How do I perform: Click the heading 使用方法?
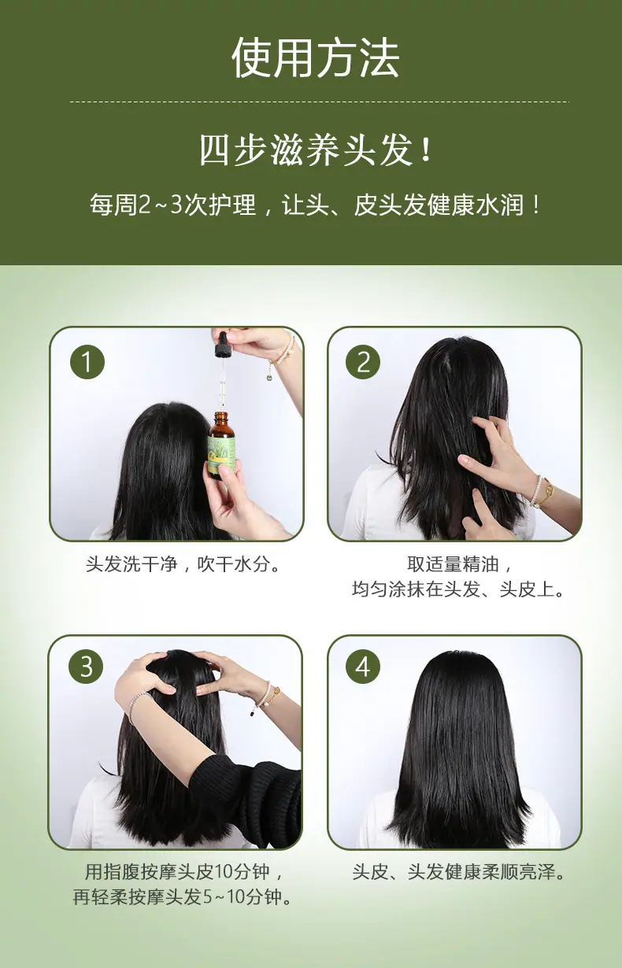(x=315, y=58)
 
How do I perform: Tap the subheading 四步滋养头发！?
(x=315, y=150)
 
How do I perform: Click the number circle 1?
(x=87, y=362)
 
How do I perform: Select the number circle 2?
(x=363, y=362)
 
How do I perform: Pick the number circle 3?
(x=86, y=666)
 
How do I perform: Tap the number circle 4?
(x=363, y=666)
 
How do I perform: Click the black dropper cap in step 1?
(x=223, y=345)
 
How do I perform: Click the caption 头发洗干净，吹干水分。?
(x=183, y=564)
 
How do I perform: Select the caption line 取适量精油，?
(x=460, y=564)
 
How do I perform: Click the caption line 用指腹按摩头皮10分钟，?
(x=183, y=872)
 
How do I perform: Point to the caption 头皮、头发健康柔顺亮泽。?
(x=458, y=872)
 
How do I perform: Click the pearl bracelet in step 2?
(x=537, y=491)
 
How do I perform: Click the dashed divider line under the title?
(x=320, y=102)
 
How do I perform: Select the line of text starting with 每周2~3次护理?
(x=315, y=205)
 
